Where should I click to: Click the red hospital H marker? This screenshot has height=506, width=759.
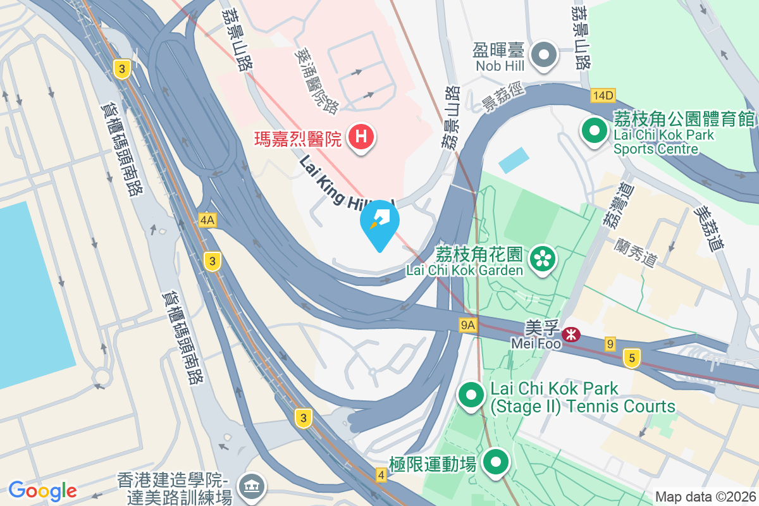point(361,137)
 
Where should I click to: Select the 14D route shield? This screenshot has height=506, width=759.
point(603,96)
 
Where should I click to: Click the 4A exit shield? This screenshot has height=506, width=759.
point(207,219)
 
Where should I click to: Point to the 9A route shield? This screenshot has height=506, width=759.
point(467,325)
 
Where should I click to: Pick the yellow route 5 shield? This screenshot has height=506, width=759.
point(631,358)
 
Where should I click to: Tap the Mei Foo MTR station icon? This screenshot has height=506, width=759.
point(572,334)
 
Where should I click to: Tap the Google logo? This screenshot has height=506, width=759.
point(42,490)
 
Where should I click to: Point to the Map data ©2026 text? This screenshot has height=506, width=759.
point(705,497)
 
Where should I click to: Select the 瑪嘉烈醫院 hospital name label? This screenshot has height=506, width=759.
point(297,137)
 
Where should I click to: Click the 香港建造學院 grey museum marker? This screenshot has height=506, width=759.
point(252,486)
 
